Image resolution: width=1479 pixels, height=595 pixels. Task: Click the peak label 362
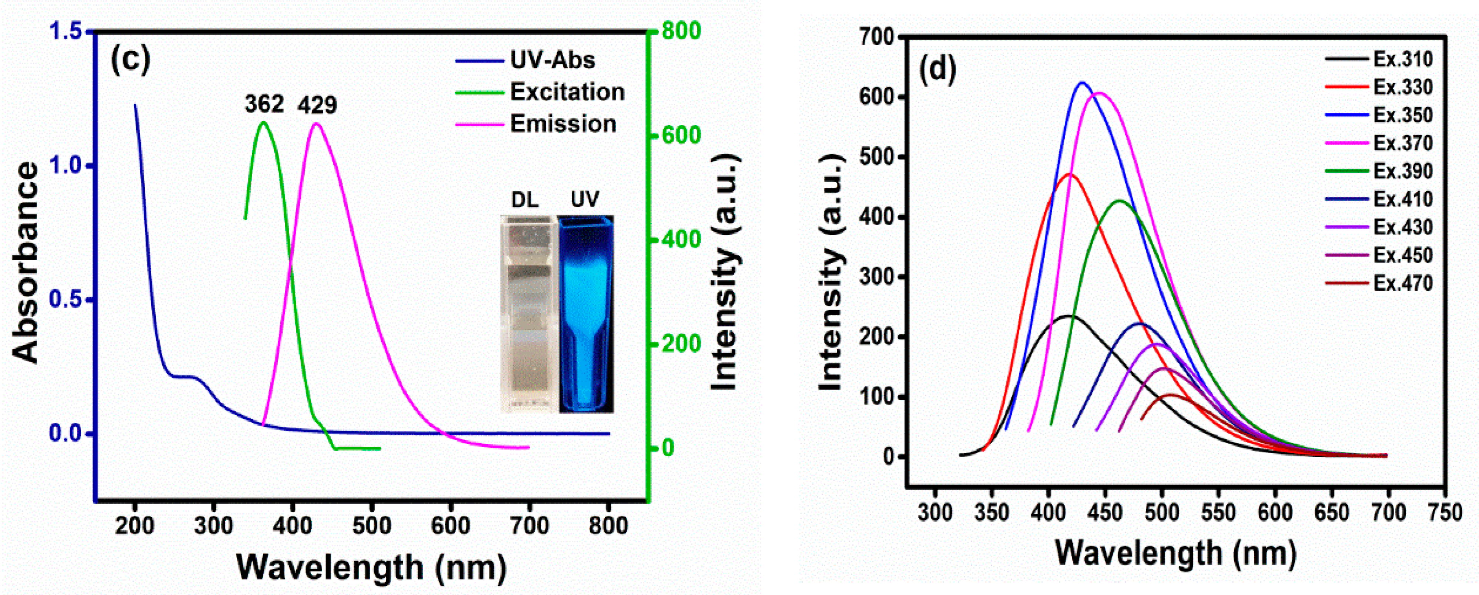tap(264, 104)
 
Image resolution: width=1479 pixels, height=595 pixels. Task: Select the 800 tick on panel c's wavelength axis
tap(608, 525)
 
